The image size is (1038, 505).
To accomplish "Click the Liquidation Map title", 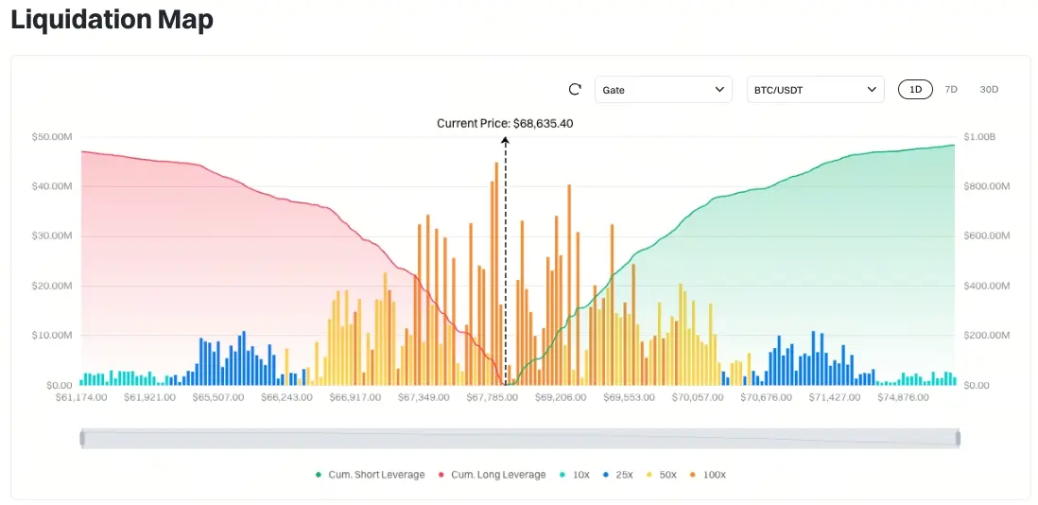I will pos(112,20).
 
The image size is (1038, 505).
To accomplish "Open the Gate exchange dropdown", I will pos(663,90).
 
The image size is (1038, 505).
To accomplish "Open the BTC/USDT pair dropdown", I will pos(815,90).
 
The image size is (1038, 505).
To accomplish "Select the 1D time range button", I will pos(915,90).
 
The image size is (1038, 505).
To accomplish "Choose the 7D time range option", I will pos(951,90).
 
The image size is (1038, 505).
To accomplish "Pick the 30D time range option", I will pos(989,90).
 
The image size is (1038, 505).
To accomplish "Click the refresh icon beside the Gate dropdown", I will pos(575,90).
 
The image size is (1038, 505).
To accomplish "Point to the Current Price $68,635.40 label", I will pos(505,123).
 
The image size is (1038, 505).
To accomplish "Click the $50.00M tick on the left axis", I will pos(52,137).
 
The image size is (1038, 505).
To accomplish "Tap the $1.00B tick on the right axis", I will pos(978,137).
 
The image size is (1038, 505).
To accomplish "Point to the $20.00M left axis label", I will pos(52,286).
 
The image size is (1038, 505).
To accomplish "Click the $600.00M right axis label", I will pos(986,236).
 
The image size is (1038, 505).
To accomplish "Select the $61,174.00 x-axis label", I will pos(81,397).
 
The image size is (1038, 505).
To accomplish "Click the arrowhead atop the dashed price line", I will pos(505,140).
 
